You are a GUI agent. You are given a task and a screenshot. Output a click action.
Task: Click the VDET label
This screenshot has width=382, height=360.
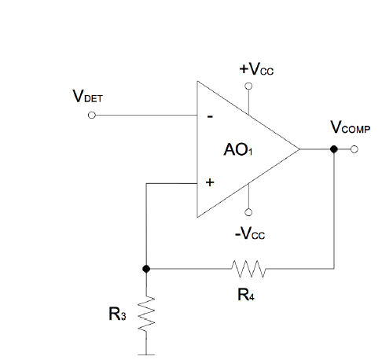click(87, 98)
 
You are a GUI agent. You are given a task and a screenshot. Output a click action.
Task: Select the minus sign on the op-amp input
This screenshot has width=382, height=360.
click(209, 116)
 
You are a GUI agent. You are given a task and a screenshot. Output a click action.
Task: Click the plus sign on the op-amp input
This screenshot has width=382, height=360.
click(209, 182)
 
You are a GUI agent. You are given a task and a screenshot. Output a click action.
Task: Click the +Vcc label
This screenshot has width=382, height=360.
click(257, 69)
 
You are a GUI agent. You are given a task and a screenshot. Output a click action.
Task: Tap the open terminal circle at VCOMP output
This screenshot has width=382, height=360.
click(354, 149)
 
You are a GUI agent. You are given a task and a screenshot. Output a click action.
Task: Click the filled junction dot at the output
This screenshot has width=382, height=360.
click(334, 149)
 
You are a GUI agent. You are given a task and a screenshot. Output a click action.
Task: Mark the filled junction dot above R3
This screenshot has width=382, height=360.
click(145, 269)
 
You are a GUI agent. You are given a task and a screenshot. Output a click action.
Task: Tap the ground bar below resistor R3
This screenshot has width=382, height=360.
click(145, 353)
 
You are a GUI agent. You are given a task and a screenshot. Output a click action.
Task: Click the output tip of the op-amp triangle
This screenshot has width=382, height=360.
click(299, 149)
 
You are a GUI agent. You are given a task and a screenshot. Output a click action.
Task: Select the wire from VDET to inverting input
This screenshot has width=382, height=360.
click(145, 116)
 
